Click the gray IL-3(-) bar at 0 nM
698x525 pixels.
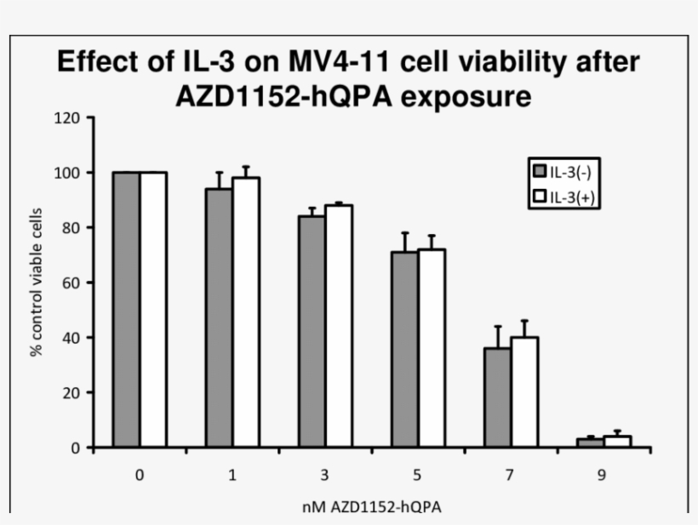(127, 310)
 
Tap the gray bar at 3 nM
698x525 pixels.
(312, 332)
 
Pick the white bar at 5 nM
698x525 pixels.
(431, 348)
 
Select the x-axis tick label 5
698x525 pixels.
(417, 475)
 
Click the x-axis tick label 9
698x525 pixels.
(602, 475)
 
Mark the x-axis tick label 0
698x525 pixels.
(140, 475)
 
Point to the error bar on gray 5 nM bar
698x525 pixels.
(404, 242)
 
